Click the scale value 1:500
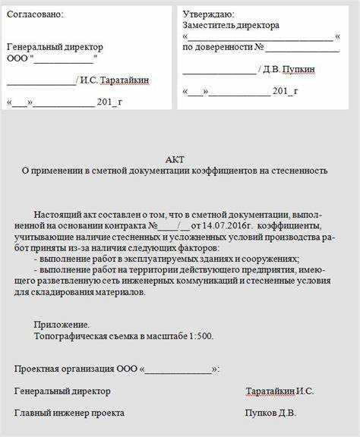tap(200, 335)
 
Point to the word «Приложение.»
tap(62, 324)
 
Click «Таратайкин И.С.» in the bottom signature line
tap(279, 391)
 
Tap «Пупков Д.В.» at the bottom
tap(270, 413)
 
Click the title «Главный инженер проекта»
tap(69, 413)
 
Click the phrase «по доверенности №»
tap(223, 47)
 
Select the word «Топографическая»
tap(69, 335)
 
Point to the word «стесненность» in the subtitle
tap(300, 171)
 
